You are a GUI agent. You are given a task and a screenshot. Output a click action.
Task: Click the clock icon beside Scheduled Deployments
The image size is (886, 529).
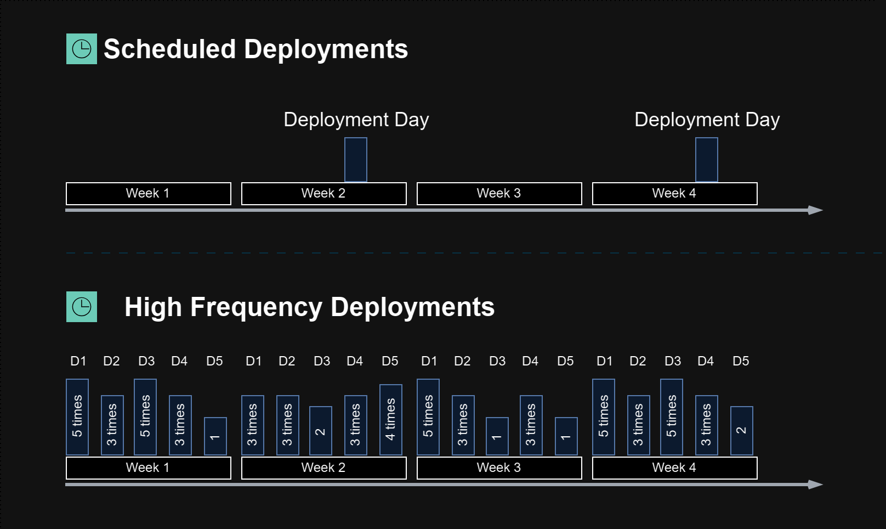pos(82,49)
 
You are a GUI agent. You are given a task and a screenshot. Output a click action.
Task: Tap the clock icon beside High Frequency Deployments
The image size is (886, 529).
pos(82,307)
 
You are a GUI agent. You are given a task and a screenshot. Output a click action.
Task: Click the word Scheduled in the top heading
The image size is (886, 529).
pos(170,49)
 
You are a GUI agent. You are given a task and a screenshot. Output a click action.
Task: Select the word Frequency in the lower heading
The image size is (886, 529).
pos(256,308)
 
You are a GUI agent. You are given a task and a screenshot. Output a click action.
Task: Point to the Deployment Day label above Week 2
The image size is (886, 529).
pos(356,120)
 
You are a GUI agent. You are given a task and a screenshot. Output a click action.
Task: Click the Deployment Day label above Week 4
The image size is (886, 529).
pos(707,120)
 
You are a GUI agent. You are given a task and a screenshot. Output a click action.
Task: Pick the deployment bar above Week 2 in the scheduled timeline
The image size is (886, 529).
pos(356,160)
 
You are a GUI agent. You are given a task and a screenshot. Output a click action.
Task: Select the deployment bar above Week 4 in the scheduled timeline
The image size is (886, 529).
pos(706,160)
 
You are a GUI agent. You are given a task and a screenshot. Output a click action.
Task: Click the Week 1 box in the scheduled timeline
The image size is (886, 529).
pos(149,194)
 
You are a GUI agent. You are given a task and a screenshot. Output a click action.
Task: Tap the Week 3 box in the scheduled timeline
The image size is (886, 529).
pos(499,194)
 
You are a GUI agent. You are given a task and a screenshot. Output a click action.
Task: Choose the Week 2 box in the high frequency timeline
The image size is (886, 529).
pos(324,468)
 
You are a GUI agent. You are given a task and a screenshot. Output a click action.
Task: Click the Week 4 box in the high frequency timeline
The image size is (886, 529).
pos(675,468)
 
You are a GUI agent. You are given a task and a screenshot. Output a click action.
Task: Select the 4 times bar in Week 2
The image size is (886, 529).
pos(391,420)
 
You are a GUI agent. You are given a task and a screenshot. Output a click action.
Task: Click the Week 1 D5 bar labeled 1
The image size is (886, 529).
pos(215,436)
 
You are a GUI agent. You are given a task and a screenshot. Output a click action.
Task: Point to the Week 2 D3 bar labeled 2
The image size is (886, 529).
pos(321,431)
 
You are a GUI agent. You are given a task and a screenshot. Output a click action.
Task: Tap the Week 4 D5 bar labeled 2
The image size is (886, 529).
pos(742,431)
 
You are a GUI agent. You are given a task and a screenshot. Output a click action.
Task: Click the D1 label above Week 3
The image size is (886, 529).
pos(429,361)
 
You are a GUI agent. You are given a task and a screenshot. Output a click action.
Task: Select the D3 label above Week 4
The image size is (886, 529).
pos(673,361)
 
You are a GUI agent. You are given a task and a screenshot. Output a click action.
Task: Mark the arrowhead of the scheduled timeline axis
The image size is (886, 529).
pos(815,210)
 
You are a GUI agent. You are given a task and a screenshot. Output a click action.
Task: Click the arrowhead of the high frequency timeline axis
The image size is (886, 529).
pos(815,485)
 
